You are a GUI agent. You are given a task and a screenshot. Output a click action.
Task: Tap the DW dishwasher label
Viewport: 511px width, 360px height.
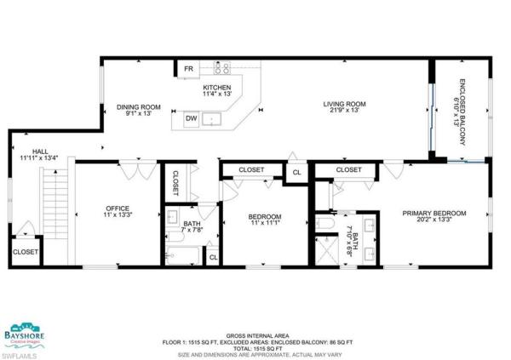192,119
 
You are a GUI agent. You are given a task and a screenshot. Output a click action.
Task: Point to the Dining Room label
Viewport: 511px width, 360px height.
139,107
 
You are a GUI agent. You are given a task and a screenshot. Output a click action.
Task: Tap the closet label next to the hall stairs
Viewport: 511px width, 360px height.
26,252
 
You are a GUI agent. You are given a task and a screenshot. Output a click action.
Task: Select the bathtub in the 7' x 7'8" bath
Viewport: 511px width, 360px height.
182,254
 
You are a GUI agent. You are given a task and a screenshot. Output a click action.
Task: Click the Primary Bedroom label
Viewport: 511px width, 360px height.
434,213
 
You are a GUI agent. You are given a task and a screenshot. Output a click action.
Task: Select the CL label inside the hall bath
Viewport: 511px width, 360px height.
213,255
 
